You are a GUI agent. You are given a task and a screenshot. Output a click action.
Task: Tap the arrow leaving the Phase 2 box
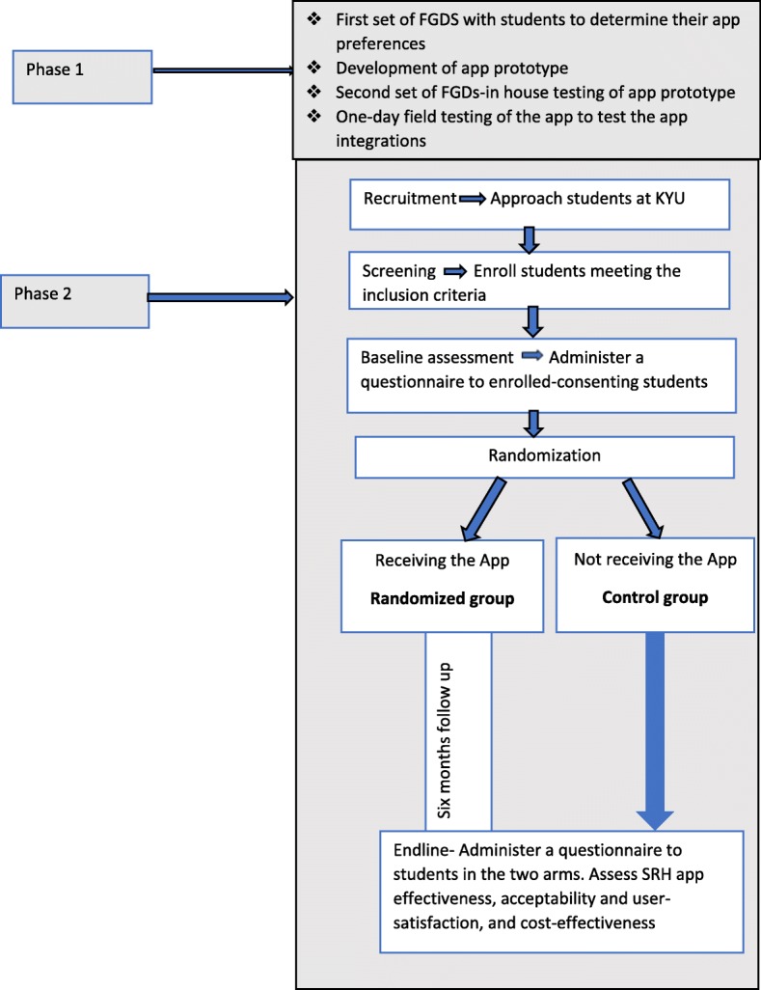coord(221,299)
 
